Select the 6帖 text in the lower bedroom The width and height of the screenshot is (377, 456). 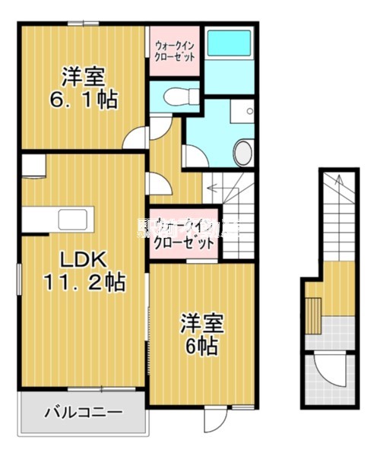tap(201, 347)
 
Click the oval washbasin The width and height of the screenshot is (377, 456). tap(242, 152)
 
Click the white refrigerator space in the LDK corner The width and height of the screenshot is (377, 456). tap(35, 166)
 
